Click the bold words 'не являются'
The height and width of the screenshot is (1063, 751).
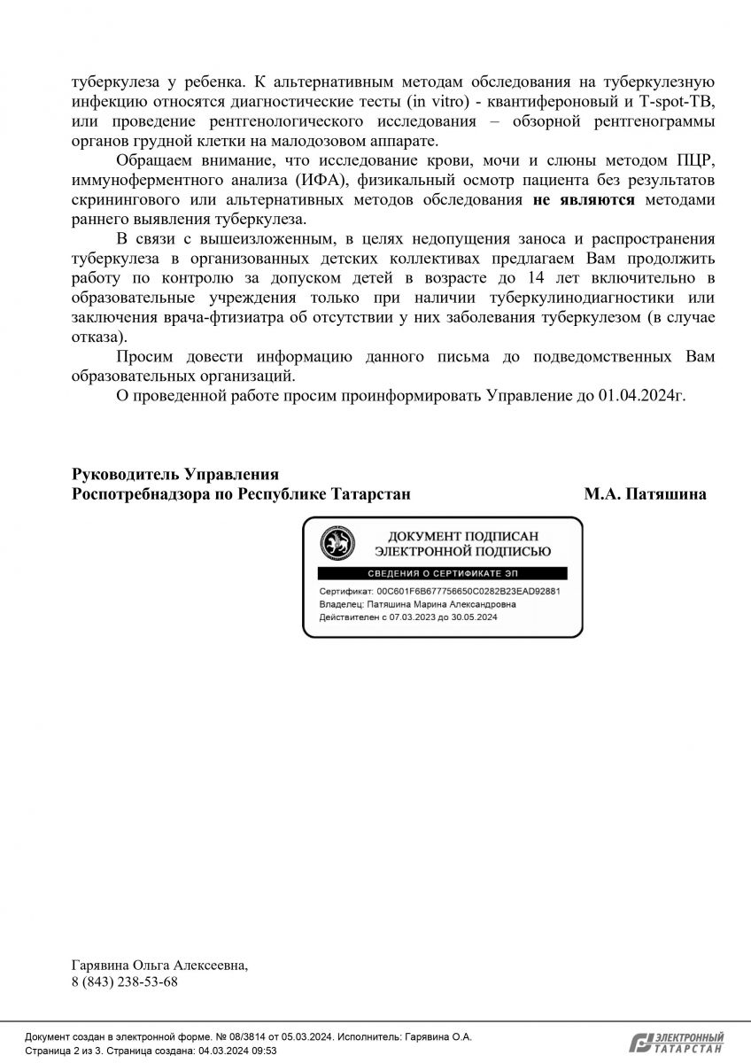[x=584, y=200]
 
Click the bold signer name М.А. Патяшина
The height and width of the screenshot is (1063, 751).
[x=645, y=494]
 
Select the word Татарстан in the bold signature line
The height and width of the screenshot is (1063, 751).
[x=370, y=494]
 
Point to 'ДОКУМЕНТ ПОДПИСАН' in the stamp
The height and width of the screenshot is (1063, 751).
[x=463, y=536]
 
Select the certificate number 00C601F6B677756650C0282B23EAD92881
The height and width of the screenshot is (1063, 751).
[x=468, y=591]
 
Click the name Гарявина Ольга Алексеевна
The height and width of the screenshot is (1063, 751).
[x=159, y=966]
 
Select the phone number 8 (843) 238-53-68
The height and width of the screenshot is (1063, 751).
[x=125, y=982]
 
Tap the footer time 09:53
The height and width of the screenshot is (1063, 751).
[x=265, y=1051]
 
